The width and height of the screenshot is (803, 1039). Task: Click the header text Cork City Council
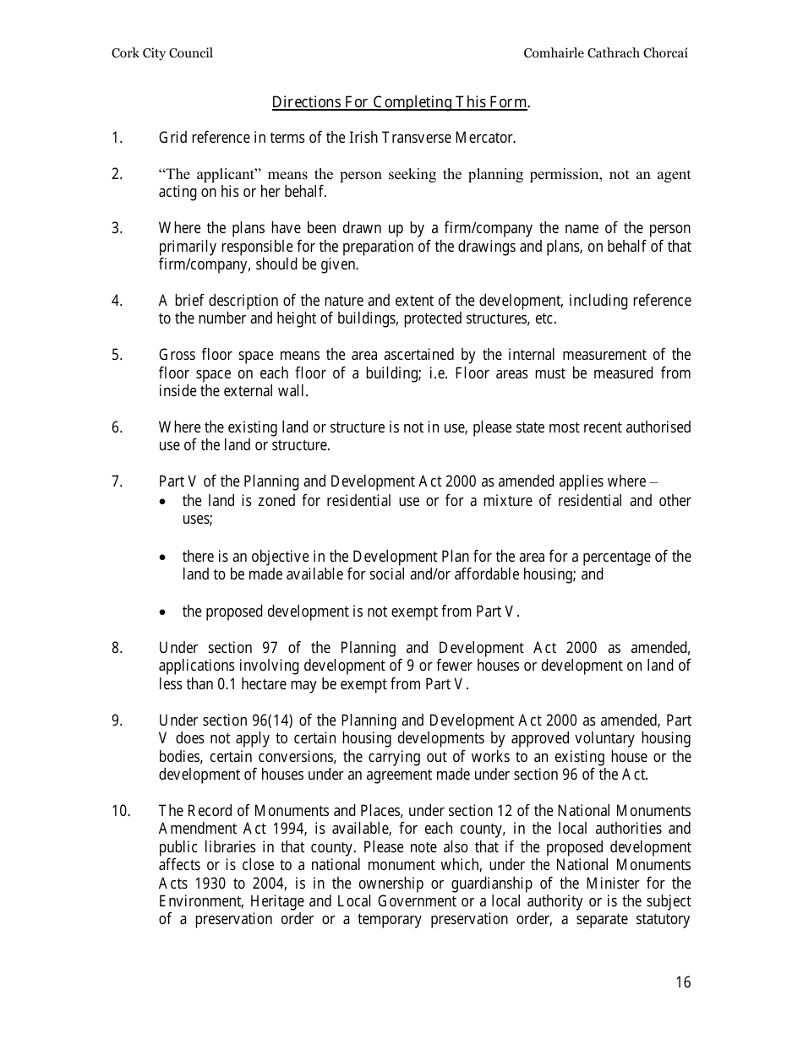click(162, 53)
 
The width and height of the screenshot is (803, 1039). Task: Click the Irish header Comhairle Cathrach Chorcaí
click(606, 53)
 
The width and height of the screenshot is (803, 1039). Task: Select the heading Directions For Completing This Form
click(400, 102)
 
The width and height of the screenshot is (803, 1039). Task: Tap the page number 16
click(683, 982)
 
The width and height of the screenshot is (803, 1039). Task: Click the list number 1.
click(117, 137)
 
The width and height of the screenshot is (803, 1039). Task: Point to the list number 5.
click(117, 355)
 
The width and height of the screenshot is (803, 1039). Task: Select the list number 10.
click(121, 811)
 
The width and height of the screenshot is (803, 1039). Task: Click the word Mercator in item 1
click(487, 137)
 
